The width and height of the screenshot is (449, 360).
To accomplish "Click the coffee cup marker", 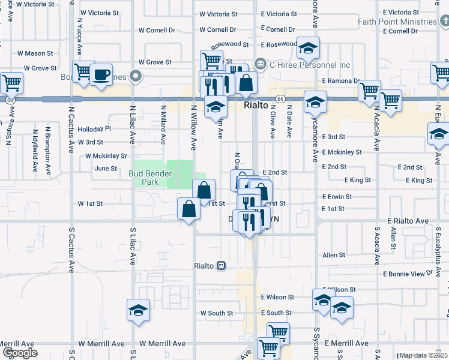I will pos(101,75).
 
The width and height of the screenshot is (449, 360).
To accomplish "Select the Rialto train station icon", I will pos(221,265).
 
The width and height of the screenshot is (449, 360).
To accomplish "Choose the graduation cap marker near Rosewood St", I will pos(308,49).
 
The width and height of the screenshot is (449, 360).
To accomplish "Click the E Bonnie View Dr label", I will pos(408,274).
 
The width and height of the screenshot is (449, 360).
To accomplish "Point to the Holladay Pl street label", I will pos(95,128).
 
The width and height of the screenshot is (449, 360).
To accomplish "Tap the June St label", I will pos(106,169).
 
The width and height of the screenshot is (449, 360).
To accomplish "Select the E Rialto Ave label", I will pos(408,221).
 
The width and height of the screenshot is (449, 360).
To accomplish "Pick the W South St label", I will pos(217,313).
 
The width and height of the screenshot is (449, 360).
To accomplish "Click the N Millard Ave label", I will pos(163,125).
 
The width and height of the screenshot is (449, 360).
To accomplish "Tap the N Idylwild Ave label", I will pos(36,144).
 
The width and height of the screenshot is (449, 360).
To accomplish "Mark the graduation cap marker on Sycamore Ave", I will pos(315,103).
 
